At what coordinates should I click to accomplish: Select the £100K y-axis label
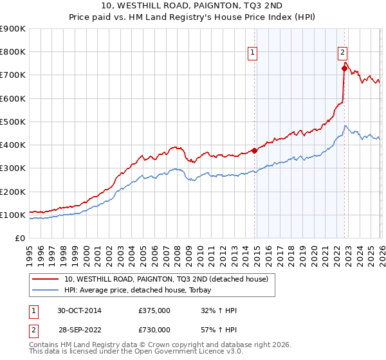tap(13, 215)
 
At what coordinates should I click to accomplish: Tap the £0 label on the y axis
tap(21, 239)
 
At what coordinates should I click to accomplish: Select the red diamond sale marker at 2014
tap(254, 151)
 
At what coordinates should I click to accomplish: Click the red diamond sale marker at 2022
tap(344, 68)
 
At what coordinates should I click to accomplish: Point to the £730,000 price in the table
tap(154, 329)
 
